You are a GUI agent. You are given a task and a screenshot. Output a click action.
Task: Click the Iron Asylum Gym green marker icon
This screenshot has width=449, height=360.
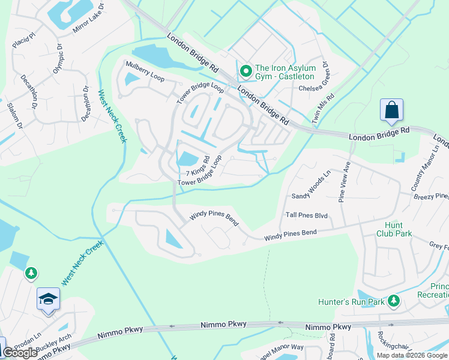click(246, 72)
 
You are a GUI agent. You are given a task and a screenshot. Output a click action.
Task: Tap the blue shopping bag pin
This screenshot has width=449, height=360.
click(391, 110)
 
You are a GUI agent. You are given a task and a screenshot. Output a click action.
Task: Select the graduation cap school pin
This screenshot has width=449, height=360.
click(48, 298)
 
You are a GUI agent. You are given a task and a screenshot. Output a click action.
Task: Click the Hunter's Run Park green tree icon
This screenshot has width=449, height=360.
click(393, 300)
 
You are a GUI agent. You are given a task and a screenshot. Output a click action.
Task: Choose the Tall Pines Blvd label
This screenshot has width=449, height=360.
click(307, 215)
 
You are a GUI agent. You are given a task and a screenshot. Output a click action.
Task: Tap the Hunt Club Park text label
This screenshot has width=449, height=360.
click(394, 229)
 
